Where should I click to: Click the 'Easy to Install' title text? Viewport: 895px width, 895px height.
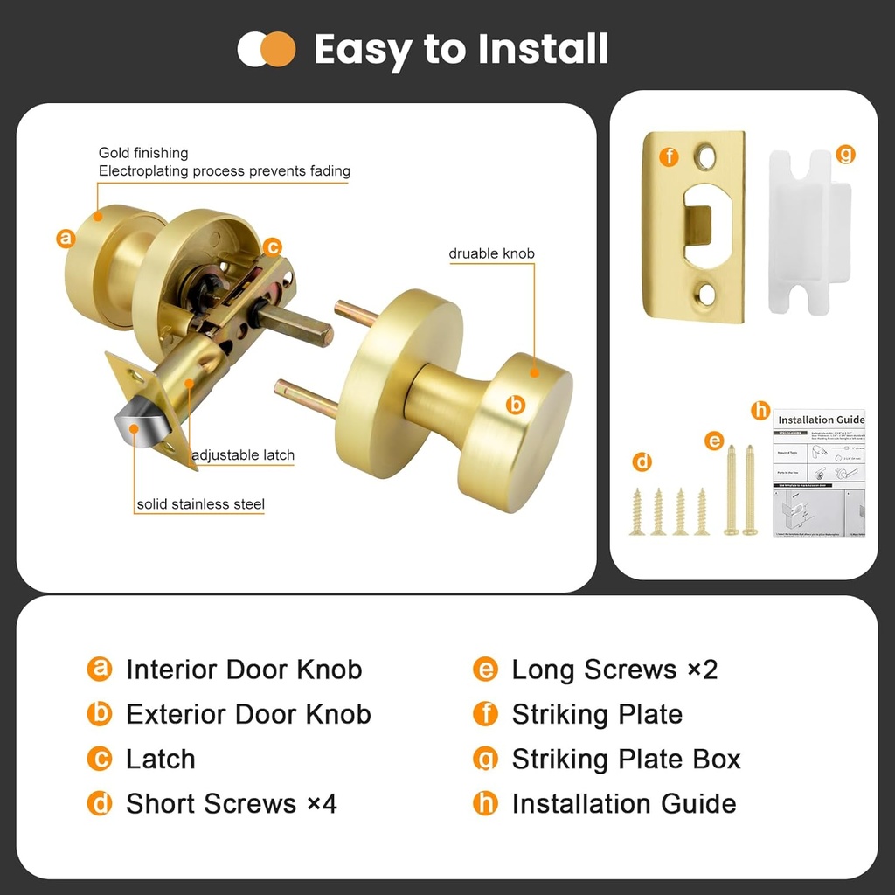[x=461, y=49]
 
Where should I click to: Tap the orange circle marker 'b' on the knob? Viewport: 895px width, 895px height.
[x=516, y=404]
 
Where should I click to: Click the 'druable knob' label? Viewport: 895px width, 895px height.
[x=491, y=253]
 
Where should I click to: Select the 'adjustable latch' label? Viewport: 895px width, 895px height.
[x=243, y=454]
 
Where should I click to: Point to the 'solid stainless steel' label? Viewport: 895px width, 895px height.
[x=200, y=503]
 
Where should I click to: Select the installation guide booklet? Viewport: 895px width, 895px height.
[x=819, y=473]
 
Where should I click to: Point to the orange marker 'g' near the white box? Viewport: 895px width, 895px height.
[x=845, y=155]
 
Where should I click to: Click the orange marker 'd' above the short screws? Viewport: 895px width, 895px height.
[x=642, y=461]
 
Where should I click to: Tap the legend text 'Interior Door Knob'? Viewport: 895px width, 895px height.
[x=244, y=670]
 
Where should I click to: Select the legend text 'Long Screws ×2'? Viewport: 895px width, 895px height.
[x=614, y=670]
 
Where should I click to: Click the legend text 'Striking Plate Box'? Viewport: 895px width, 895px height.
[x=626, y=759]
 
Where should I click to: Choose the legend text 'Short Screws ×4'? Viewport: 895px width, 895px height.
[x=232, y=803]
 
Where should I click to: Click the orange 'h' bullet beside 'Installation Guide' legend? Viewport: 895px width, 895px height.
[x=485, y=803]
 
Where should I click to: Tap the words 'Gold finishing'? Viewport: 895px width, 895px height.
[x=143, y=153]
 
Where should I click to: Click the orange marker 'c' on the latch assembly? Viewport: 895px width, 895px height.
[x=272, y=246]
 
